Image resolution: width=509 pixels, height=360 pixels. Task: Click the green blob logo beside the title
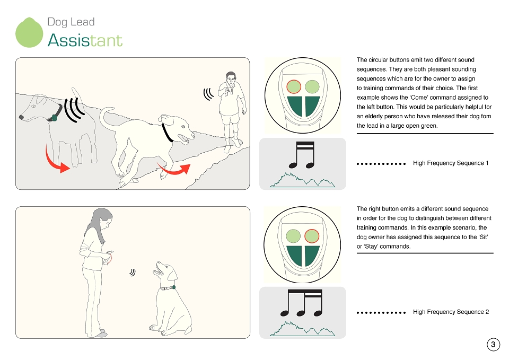click(29, 32)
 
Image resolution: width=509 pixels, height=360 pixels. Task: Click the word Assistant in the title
click(85, 41)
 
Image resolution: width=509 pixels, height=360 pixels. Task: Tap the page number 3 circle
click(493, 344)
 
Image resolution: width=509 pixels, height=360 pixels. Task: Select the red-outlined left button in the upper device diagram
click(294, 86)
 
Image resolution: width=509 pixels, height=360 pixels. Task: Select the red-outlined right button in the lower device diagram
click(312, 236)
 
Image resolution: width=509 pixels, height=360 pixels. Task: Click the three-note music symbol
click(301, 303)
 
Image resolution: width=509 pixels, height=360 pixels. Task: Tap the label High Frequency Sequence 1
click(451, 163)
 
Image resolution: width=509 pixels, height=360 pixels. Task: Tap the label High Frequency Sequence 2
click(451, 312)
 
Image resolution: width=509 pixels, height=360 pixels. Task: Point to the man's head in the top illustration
click(230, 78)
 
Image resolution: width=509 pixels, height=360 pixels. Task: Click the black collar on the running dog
click(167, 133)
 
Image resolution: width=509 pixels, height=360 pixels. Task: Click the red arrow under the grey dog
click(56, 160)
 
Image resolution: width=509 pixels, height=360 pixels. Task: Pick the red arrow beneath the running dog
click(174, 169)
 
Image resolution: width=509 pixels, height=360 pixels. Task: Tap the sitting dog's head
click(166, 271)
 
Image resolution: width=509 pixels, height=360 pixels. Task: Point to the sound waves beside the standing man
click(208, 94)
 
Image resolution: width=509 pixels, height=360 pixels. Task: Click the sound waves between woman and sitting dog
click(132, 272)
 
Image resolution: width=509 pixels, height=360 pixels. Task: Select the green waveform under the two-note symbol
click(302, 180)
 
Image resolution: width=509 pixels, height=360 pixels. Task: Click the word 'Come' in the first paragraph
click(418, 98)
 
